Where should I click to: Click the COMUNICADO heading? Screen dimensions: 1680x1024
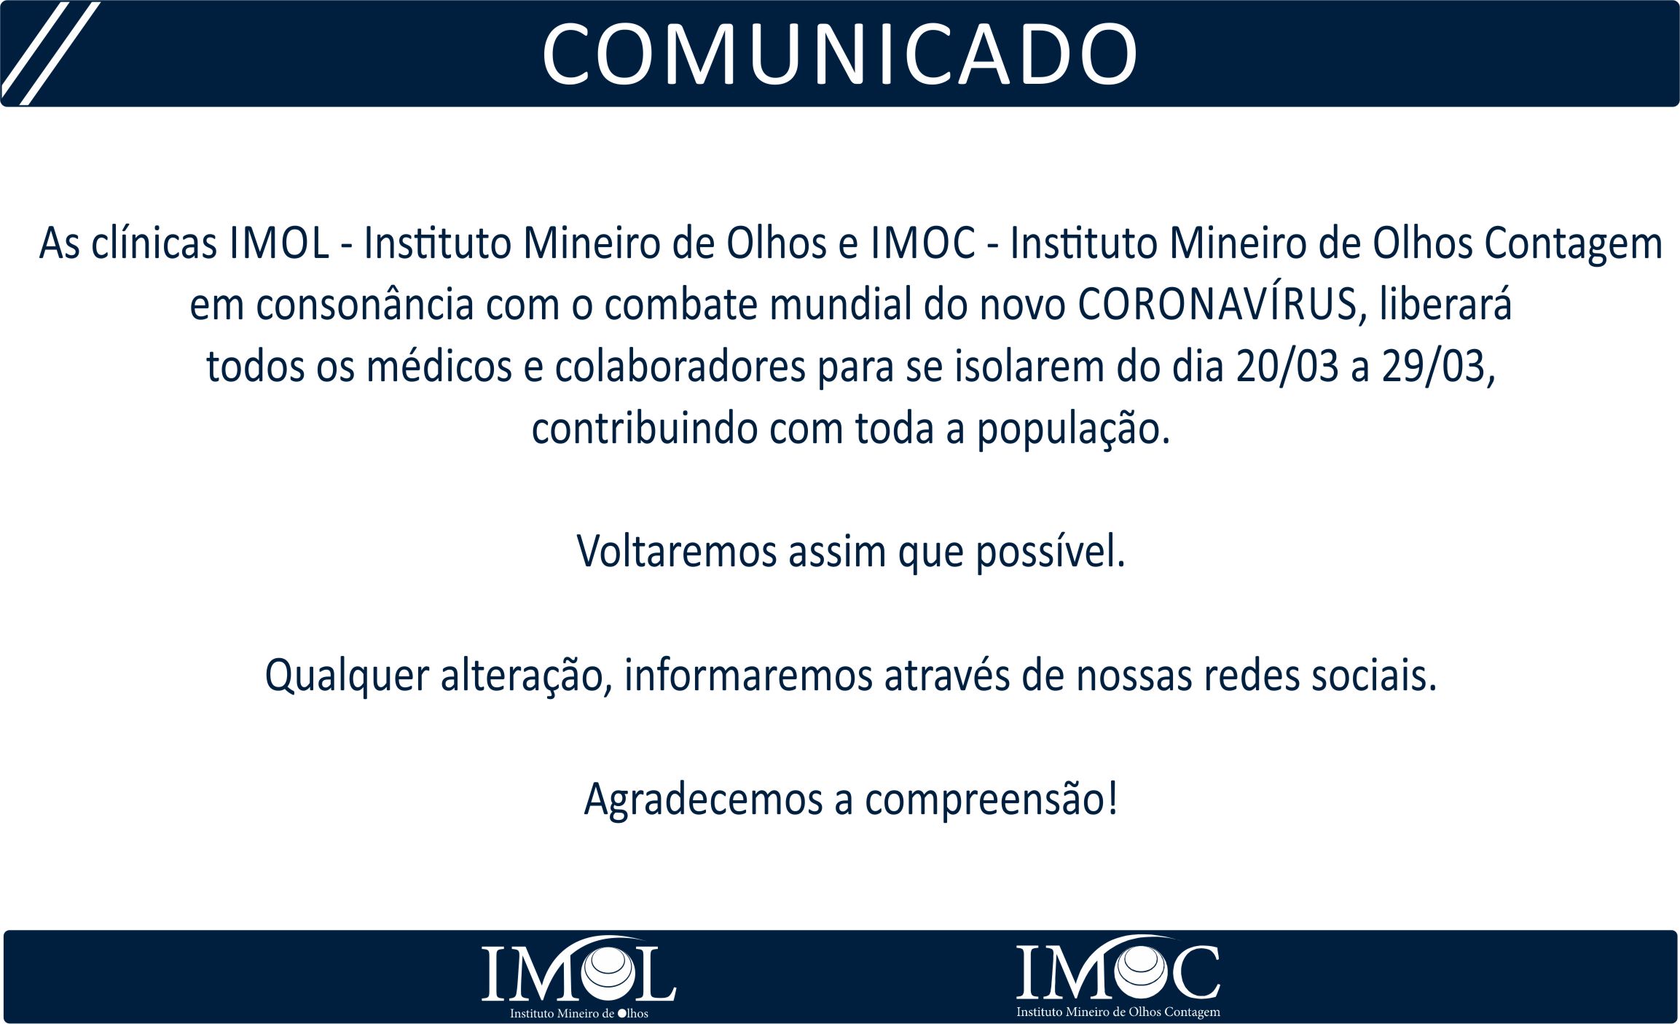pyautogui.click(x=839, y=54)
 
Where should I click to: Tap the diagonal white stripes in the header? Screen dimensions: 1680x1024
pyautogui.click(x=50, y=53)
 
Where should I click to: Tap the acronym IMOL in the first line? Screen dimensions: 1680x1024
pyautogui.click(x=280, y=243)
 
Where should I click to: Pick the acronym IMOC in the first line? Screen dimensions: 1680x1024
pyautogui.click(x=922, y=243)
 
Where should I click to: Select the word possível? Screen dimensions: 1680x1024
pyautogui.click(x=1051, y=552)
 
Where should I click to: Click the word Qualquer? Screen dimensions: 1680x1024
pyautogui.click(x=347, y=676)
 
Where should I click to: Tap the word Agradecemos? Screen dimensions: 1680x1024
pyautogui.click(x=703, y=800)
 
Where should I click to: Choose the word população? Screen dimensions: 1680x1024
pyautogui.click(x=1073, y=429)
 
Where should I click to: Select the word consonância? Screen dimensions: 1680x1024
pyautogui.click(x=365, y=305)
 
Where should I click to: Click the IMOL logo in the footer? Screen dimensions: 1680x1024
pyautogui.click(x=578, y=977)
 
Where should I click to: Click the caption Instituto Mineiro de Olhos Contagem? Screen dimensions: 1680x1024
pyautogui.click(x=1118, y=1012)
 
